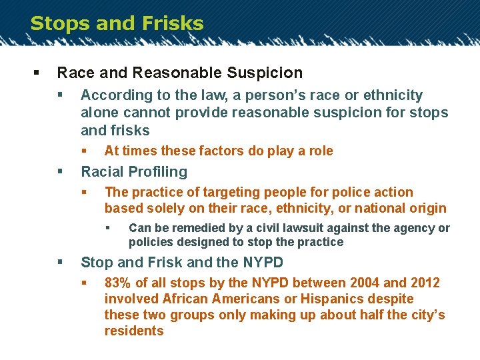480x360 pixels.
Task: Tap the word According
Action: (113, 95)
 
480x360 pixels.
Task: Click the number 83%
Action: (119, 283)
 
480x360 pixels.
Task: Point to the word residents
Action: (134, 331)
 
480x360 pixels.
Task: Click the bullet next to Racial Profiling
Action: (60, 172)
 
